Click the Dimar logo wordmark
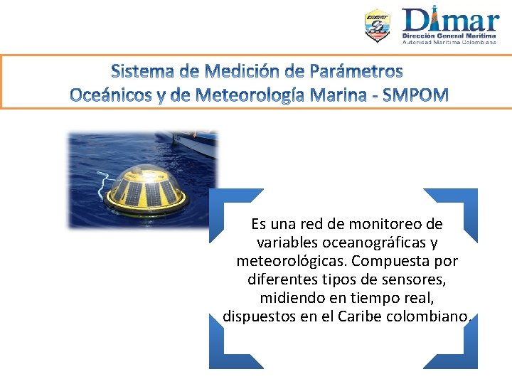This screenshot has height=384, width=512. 450,19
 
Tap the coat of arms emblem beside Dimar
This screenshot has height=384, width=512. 377,26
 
